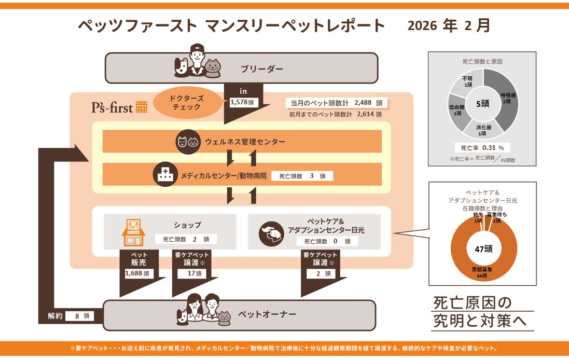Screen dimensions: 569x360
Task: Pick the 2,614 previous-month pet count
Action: click(367, 114)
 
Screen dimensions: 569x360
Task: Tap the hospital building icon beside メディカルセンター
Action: click(165, 175)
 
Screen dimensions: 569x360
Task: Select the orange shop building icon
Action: click(133, 232)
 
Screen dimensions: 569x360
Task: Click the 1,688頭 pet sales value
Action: click(139, 273)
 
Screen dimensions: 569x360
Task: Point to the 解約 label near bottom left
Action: click(54, 315)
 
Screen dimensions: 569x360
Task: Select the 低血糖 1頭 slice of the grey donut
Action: click(458, 110)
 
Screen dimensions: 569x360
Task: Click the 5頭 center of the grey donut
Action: click(482, 103)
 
